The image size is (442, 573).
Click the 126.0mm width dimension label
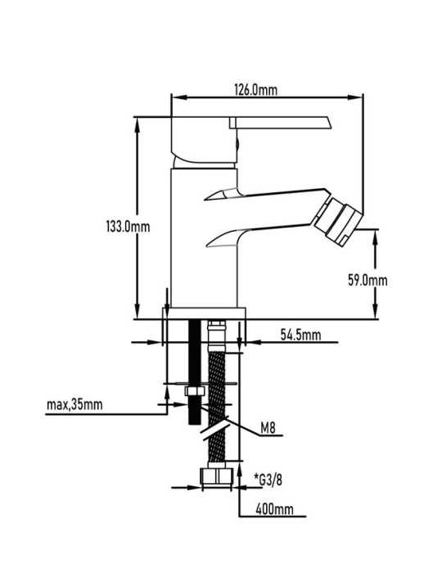(255, 89)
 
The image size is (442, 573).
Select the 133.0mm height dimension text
(129, 227)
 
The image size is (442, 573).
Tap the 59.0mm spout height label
(368, 281)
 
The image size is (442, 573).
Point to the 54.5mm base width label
(300, 334)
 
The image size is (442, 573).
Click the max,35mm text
(74, 404)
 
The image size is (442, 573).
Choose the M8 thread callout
(268, 428)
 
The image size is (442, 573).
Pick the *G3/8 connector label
(268, 479)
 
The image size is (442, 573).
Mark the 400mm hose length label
(274, 509)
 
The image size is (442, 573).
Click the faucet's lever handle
(281, 123)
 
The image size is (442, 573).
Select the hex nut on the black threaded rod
(194, 391)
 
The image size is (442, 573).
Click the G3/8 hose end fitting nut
(217, 476)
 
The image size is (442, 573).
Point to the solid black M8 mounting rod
(194, 372)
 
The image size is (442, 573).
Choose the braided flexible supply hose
(217, 406)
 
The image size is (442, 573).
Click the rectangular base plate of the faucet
(204, 314)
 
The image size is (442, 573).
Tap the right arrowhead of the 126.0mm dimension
(355, 97)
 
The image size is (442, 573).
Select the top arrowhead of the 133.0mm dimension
(138, 125)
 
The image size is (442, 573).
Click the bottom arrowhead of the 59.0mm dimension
(376, 311)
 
